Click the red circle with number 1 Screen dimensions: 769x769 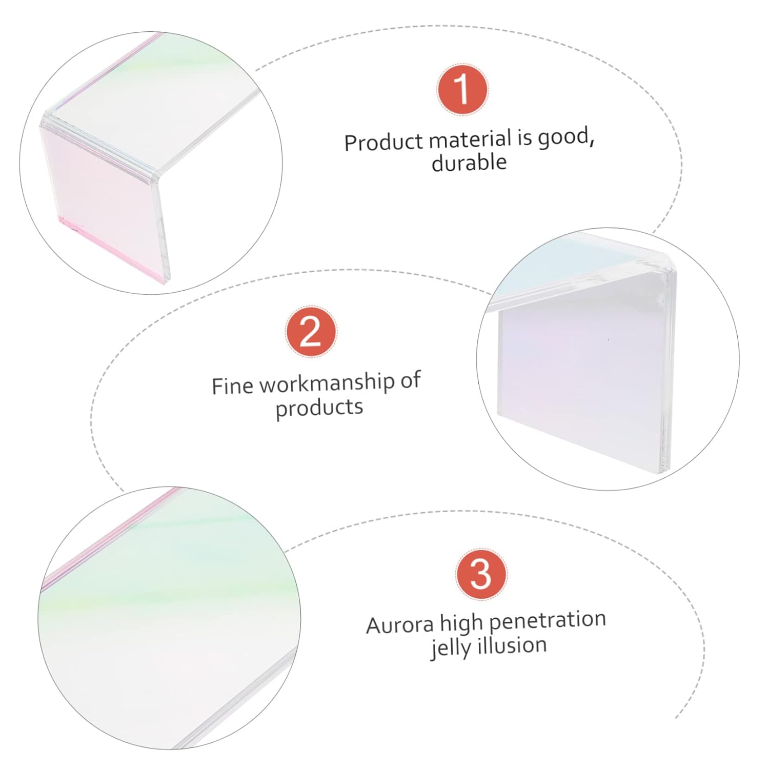462,89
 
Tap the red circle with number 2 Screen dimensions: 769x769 311,332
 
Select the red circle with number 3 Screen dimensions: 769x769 481,574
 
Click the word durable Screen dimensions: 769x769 469,163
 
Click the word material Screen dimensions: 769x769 470,139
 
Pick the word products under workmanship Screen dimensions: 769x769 319,408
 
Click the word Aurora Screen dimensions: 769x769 399,625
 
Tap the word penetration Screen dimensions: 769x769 547,621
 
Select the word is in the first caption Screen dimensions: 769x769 524,138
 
